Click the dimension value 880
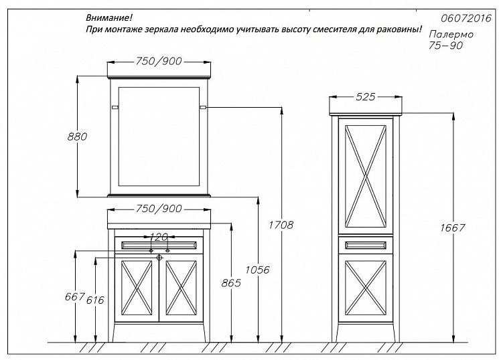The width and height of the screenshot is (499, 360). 78,137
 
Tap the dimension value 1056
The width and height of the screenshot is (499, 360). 259,270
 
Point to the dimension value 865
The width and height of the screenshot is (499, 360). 231,283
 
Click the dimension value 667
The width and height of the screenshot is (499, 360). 75,296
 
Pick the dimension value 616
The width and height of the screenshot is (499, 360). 96,300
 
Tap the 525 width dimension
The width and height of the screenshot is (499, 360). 365,98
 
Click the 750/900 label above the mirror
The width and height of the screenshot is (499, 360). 159,62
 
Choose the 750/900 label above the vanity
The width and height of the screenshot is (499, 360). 159,209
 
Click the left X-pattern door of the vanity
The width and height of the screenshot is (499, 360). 137,288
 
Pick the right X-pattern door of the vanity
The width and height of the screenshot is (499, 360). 181,288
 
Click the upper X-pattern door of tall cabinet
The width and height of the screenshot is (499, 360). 366,175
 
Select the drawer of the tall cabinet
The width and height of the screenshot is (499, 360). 366,246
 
